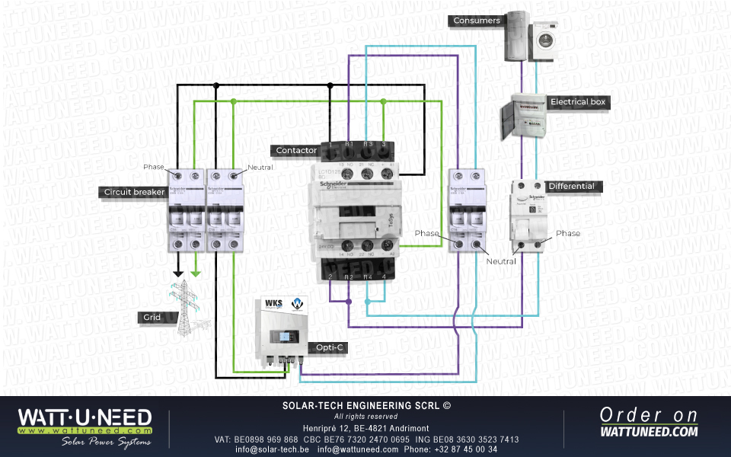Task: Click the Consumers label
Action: click(477, 21)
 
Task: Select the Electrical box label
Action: click(579, 101)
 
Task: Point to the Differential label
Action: click(571, 186)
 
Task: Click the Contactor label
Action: click(296, 151)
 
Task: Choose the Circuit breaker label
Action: click(134, 192)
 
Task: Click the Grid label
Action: click(152, 317)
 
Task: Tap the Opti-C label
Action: click(330, 347)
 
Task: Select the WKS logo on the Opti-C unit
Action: click(273, 303)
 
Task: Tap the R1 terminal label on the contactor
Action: click(349, 143)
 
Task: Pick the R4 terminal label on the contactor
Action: click(368, 277)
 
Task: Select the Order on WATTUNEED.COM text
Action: click(648, 423)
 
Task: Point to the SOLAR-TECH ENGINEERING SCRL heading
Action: click(366, 406)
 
